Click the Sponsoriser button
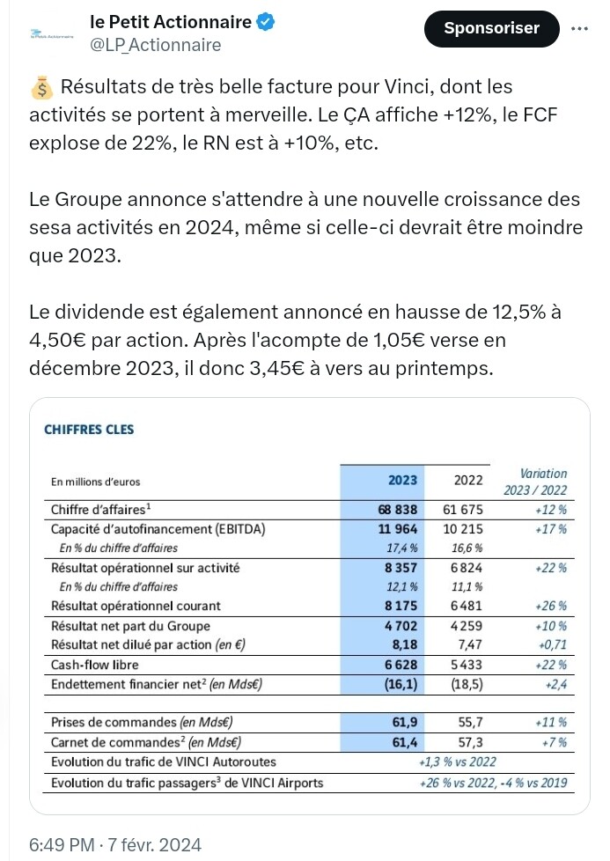click(491, 28)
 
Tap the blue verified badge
click(267, 22)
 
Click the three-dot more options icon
click(579, 28)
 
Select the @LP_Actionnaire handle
click(156, 45)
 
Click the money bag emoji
click(41, 88)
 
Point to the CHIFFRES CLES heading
click(89, 430)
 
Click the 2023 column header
click(402, 480)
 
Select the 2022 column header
click(467, 480)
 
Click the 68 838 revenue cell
click(398, 510)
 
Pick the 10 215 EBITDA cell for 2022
click(463, 529)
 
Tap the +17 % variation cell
click(551, 529)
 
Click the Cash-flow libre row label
click(94, 665)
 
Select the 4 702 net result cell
click(401, 625)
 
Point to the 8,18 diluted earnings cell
click(405, 644)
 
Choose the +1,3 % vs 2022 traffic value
click(458, 762)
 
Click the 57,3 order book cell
click(471, 742)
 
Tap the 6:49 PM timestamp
click(62, 844)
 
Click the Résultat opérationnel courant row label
click(136, 606)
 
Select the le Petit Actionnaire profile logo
click(52, 34)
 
